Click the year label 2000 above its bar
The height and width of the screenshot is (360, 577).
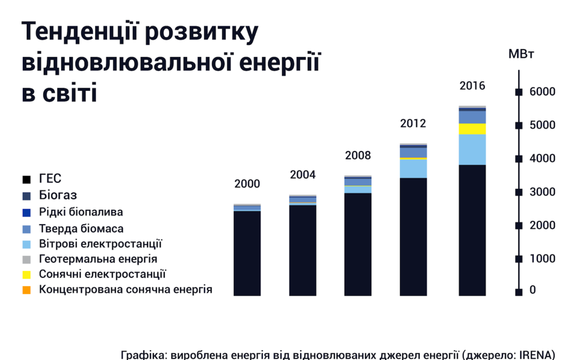(247, 184)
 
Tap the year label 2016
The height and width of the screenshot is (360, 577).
(472, 86)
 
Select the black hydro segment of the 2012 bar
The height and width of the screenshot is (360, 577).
(413, 236)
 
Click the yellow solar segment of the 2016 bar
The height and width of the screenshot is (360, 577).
(472, 129)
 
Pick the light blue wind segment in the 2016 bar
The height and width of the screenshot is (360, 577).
(472, 149)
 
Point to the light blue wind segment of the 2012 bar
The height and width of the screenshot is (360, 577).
(413, 168)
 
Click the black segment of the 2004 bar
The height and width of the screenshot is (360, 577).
(302, 250)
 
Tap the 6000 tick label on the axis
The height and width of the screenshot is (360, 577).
(542, 92)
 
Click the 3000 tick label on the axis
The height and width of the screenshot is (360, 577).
(542, 192)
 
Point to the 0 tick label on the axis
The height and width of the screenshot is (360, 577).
(533, 290)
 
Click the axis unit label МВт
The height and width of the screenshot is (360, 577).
(522, 55)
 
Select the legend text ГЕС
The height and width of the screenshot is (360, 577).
(50, 179)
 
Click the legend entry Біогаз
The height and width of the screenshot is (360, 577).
(58, 195)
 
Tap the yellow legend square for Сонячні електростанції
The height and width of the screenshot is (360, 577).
(26, 274)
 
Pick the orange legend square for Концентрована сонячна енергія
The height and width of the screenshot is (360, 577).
(26, 290)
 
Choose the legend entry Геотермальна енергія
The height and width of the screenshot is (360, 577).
(98, 259)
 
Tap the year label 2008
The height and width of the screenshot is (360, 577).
(358, 156)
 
